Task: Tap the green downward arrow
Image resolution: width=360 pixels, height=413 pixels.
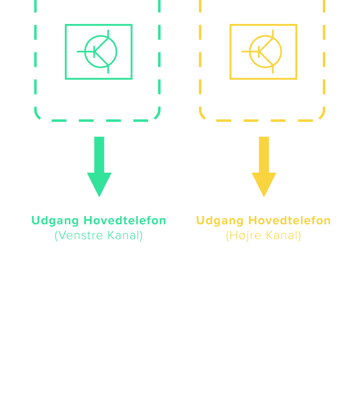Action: (x=99, y=165)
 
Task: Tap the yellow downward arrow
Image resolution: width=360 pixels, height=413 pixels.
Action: (x=264, y=165)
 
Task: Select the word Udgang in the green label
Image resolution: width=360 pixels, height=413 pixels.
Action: (x=55, y=221)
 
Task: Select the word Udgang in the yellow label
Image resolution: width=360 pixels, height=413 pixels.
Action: (x=220, y=221)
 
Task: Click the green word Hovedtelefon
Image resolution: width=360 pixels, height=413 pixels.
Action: (x=125, y=221)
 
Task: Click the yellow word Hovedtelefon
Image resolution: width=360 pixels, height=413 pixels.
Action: (x=289, y=221)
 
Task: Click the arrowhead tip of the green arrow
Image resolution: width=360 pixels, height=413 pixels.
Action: (x=99, y=196)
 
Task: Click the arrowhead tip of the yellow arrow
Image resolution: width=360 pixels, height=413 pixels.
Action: (x=264, y=196)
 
